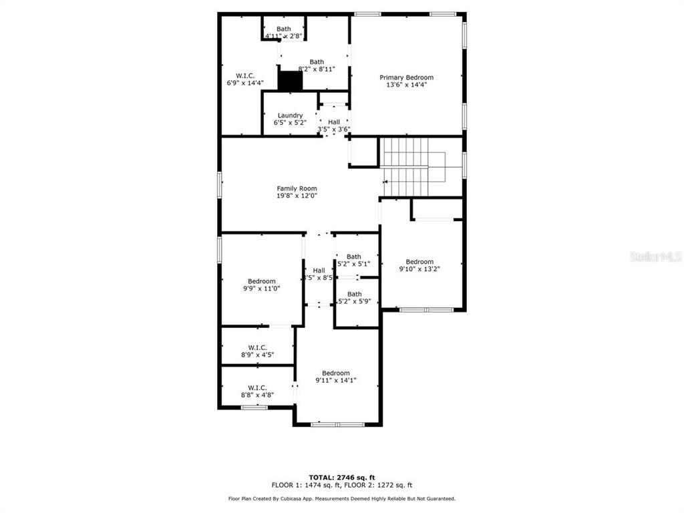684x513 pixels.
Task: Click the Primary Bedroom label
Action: (x=406, y=77)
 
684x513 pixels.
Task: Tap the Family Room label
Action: (x=297, y=188)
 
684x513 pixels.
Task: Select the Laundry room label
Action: (x=290, y=116)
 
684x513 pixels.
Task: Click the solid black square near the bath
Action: (x=291, y=81)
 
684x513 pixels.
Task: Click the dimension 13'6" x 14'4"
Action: (x=406, y=85)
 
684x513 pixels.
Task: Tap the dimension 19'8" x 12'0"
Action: (x=297, y=196)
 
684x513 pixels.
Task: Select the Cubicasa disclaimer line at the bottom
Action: (x=341, y=498)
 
